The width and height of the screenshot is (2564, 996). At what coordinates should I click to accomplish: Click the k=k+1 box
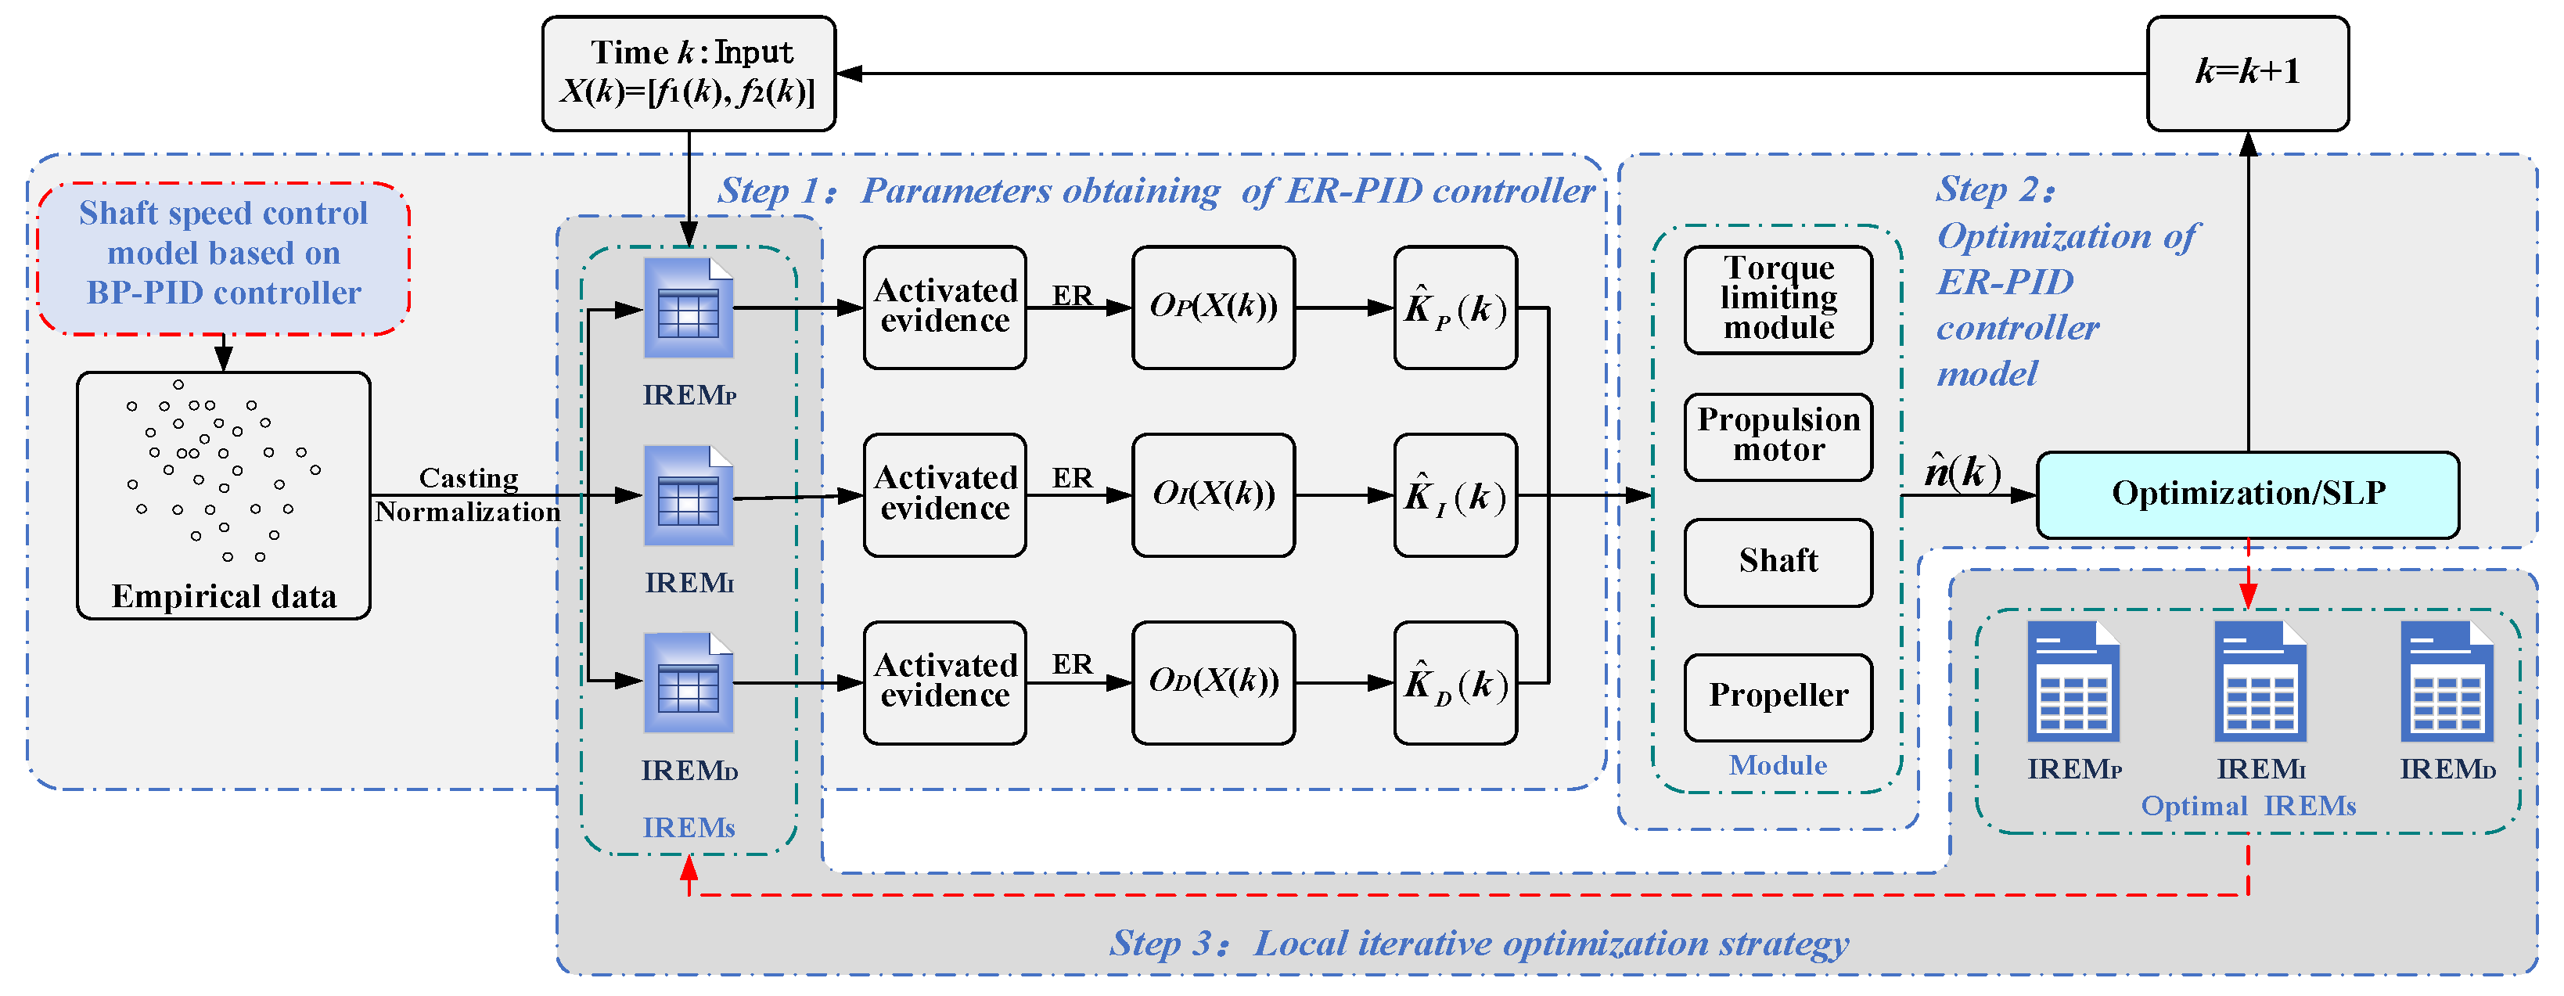(2246, 73)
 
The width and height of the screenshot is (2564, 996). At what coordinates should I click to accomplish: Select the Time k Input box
(689, 73)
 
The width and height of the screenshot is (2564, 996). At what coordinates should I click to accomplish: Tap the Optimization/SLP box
(2247, 494)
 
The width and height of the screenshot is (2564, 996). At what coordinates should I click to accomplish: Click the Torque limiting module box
(1778, 299)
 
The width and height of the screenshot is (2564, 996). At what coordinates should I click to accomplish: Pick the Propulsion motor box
(1778, 436)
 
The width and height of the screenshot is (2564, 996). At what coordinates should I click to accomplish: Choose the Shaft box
(1778, 561)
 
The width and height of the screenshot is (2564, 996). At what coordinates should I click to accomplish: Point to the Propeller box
(1778, 696)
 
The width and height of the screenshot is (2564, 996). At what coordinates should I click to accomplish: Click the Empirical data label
(224, 596)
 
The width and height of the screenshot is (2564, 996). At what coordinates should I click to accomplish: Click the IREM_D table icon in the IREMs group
(688, 684)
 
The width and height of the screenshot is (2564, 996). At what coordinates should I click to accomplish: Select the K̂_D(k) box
(1455, 684)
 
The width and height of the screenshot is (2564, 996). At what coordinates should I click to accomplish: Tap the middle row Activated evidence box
(944, 494)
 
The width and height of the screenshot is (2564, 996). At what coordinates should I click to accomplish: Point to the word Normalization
(468, 512)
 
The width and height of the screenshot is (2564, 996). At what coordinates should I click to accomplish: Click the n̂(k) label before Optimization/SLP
(1961, 471)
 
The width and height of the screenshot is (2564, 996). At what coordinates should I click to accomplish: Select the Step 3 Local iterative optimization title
(1479, 942)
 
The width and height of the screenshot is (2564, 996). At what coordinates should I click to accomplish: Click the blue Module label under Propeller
(1778, 765)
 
